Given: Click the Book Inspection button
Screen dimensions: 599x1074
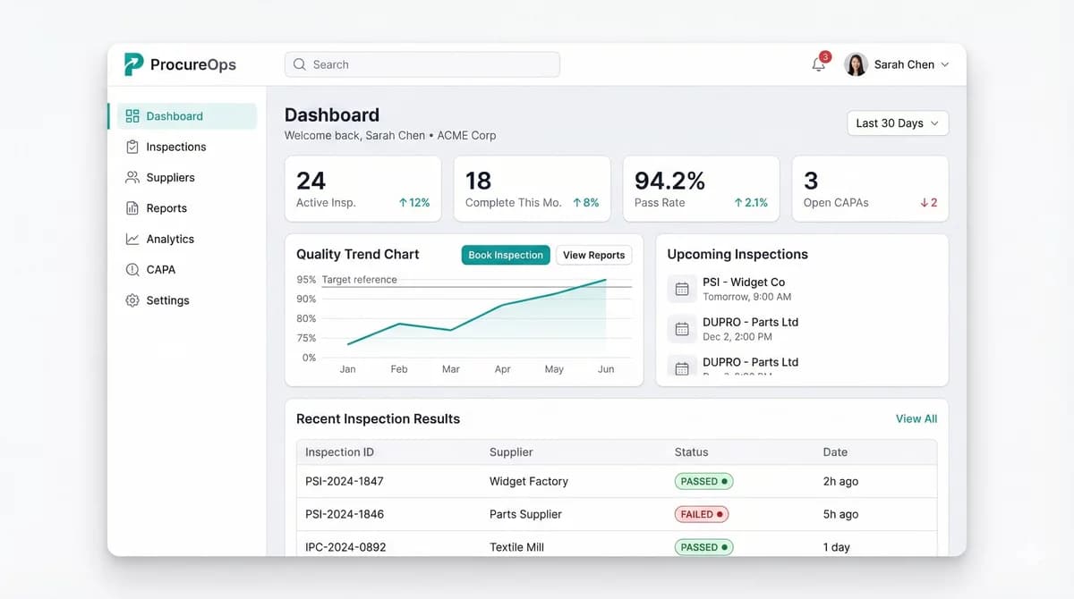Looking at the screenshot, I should click(x=506, y=255).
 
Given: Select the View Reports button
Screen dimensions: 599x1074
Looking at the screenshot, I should click(x=593, y=255).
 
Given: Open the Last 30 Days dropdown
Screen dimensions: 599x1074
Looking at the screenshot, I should click(x=897, y=123).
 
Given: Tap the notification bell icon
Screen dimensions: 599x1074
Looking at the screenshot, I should click(x=818, y=64).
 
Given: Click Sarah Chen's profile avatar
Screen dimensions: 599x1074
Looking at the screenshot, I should click(x=856, y=64).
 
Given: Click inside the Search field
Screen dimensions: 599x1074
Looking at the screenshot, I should click(x=422, y=64).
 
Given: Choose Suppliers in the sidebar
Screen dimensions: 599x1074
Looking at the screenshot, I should click(x=170, y=177).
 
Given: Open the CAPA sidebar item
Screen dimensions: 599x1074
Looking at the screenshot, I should click(x=160, y=269).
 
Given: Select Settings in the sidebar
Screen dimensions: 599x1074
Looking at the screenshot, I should click(x=167, y=300).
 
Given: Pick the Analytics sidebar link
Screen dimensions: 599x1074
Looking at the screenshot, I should click(x=170, y=239).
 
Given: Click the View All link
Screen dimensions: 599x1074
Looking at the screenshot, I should click(x=916, y=418).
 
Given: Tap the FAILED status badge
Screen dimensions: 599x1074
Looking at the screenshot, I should click(x=701, y=514).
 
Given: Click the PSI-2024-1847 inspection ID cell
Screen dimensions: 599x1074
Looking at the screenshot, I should click(x=344, y=481).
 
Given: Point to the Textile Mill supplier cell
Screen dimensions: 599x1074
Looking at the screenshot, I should click(x=516, y=547).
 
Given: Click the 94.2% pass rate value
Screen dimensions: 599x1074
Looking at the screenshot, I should click(x=669, y=181).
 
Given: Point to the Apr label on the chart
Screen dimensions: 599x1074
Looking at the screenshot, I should click(x=503, y=369).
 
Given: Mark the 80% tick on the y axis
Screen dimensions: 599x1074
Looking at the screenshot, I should click(x=306, y=318).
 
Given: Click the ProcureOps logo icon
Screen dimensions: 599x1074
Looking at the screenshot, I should click(x=133, y=64).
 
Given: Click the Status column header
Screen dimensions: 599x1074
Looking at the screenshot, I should click(x=691, y=452).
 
